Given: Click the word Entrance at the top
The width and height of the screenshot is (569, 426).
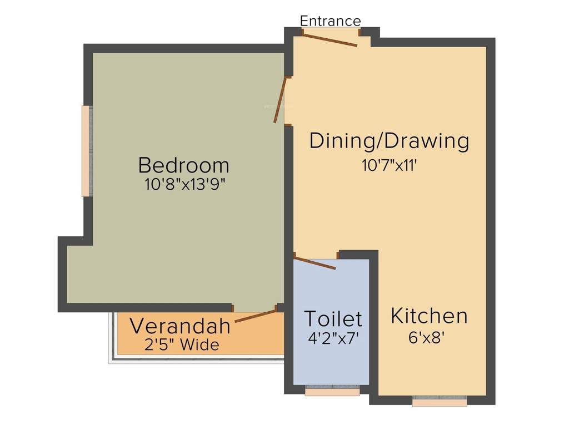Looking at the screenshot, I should (330, 21).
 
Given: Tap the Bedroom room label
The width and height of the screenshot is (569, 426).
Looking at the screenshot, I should (183, 165).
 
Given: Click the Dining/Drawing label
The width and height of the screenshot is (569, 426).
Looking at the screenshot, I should (389, 141).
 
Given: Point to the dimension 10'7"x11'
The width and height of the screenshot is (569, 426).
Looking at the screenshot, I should (389, 165).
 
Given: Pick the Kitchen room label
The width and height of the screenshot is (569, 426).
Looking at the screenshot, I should (429, 316).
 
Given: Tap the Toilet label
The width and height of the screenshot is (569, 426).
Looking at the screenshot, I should (333, 319).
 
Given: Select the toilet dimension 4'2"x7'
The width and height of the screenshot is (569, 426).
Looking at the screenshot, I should (333, 338).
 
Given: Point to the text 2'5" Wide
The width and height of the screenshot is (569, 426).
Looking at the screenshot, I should (182, 345).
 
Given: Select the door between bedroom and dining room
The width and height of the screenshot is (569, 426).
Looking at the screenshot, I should (279, 100).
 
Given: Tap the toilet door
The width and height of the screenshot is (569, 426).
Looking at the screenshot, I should (315, 263).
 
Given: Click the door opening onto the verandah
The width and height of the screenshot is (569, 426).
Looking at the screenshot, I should (255, 316).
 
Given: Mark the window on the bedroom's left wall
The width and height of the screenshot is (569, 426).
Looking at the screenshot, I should (86, 151).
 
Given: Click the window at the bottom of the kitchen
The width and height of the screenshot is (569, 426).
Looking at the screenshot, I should (440, 400).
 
